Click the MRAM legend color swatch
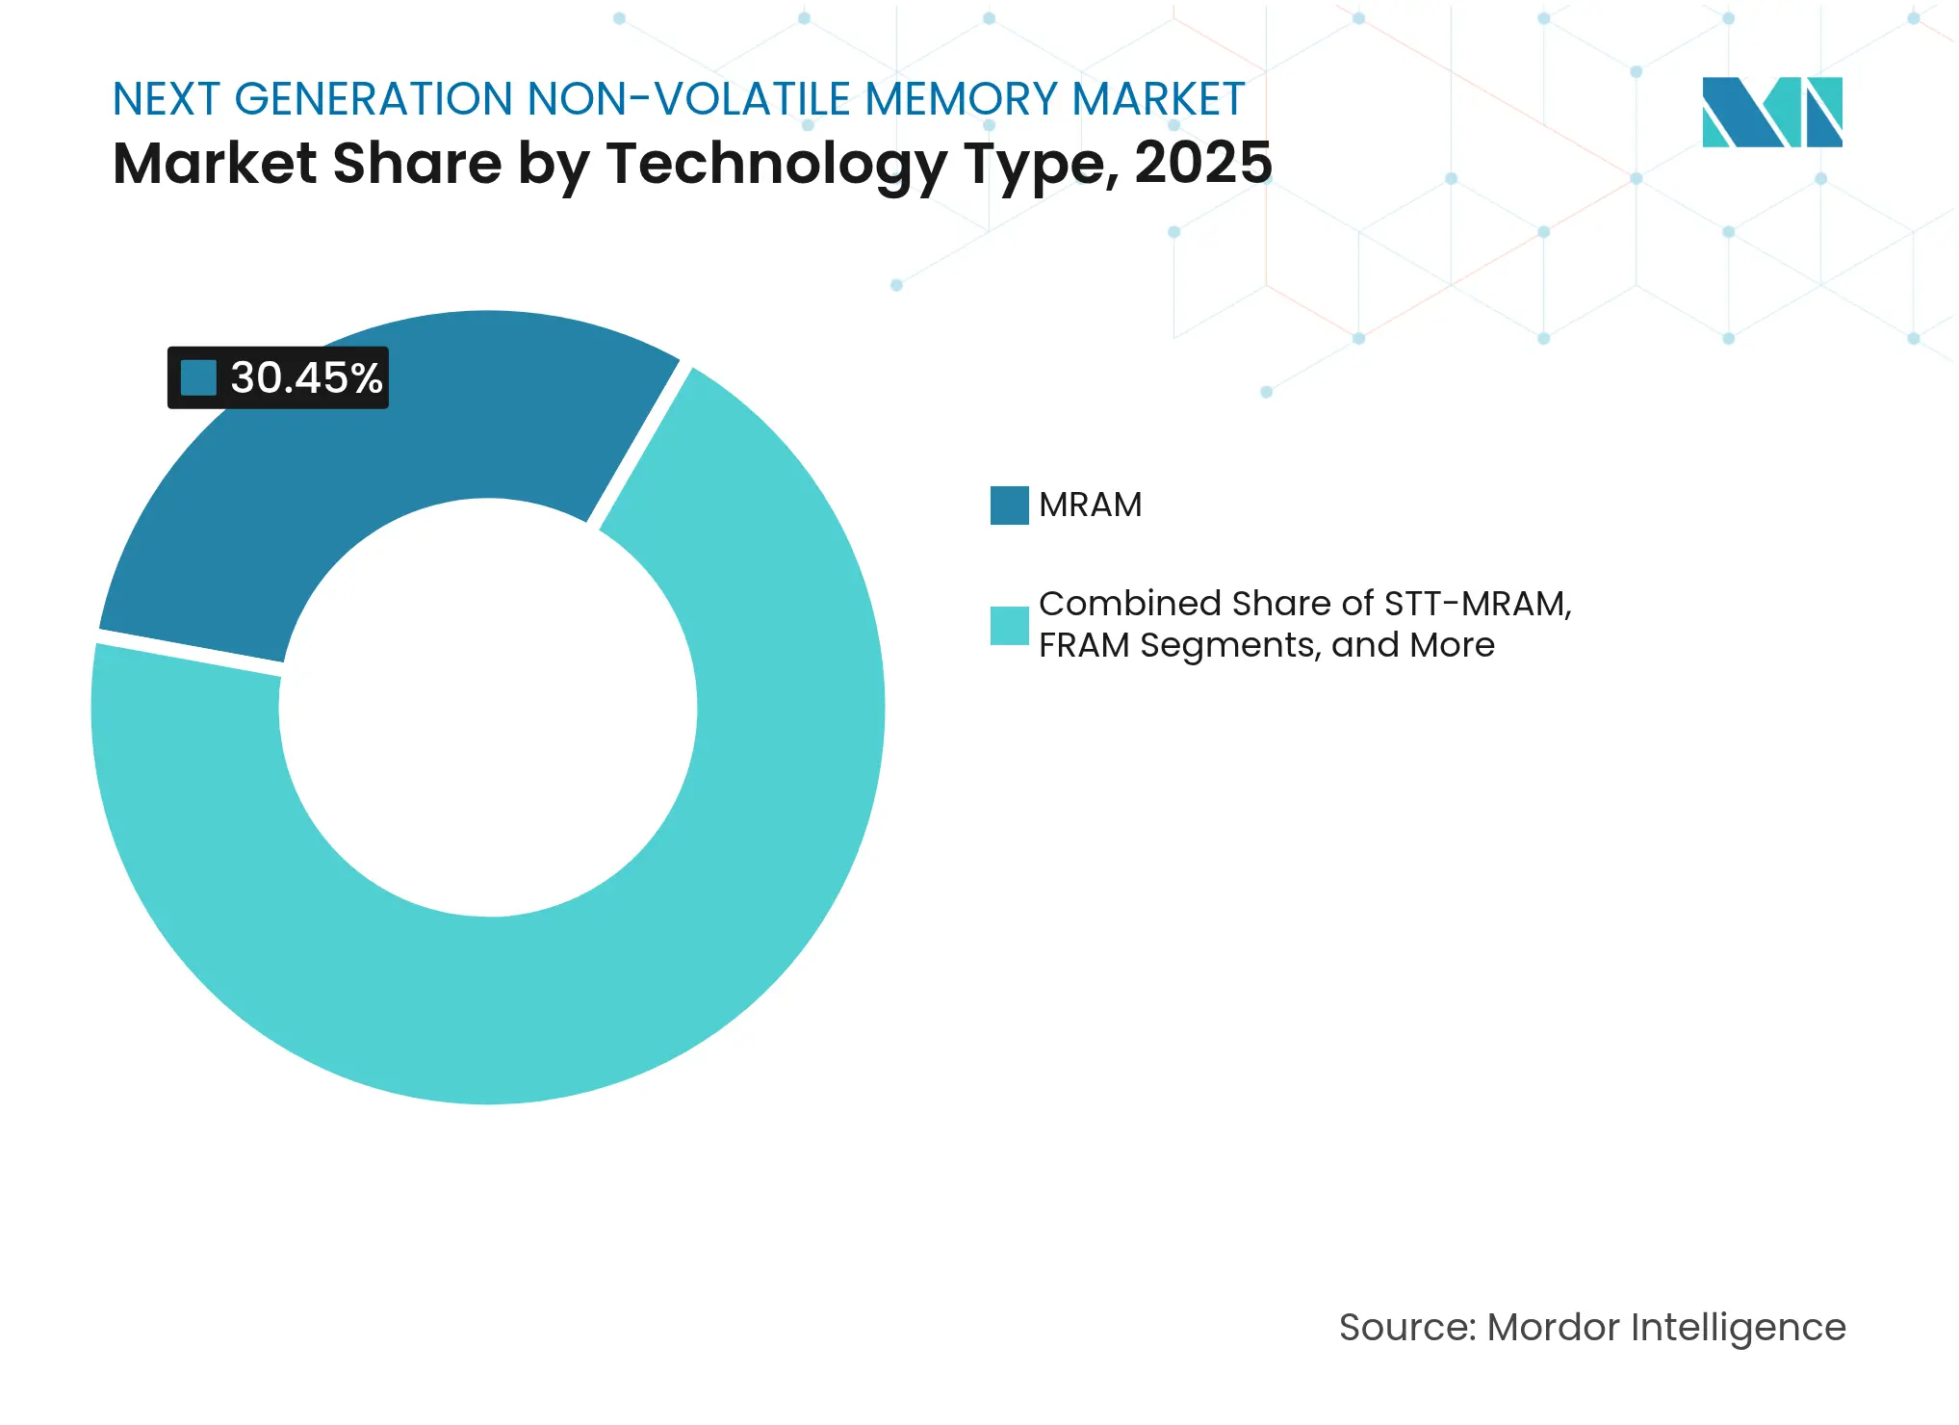[x=1009, y=505]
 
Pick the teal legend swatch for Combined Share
[x=1009, y=625]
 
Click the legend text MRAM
[x=1090, y=505]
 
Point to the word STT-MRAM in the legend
[x=1477, y=604]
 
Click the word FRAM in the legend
[x=1084, y=645]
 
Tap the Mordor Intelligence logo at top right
[x=1771, y=112]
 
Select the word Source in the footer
[x=1406, y=1327]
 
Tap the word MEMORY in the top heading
[x=962, y=99]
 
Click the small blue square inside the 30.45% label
[x=198, y=377]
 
